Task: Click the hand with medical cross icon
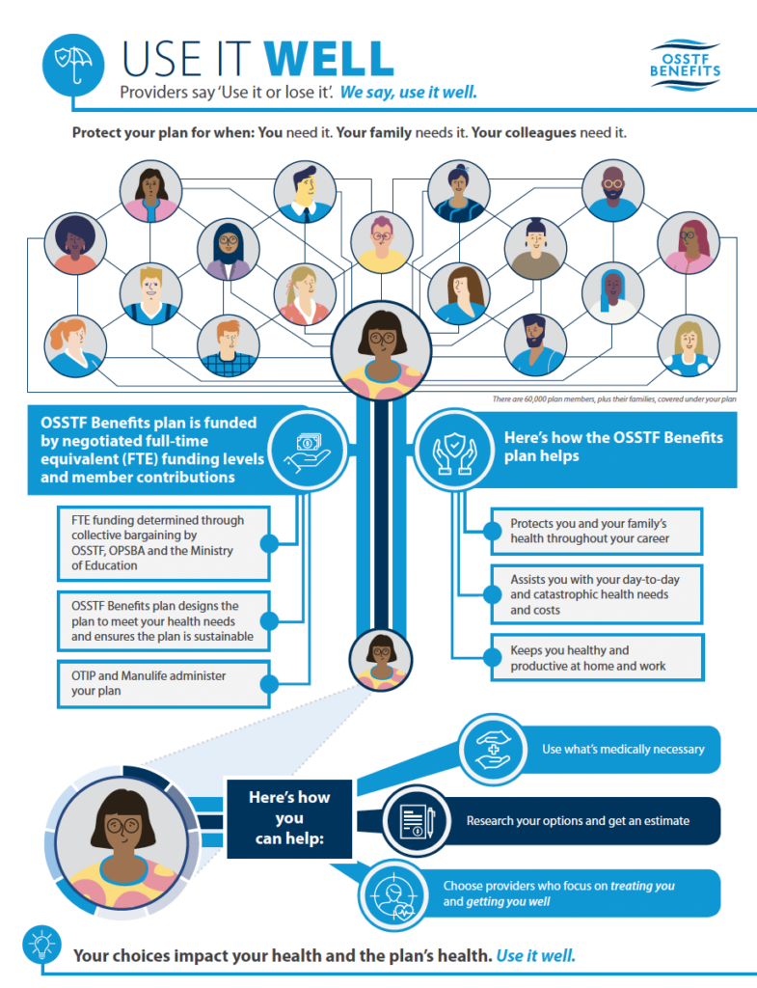click(494, 749)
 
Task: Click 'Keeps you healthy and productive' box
click(596, 658)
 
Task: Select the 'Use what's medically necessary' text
click(623, 749)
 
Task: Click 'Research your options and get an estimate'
click(578, 821)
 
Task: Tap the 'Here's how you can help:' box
click(290, 818)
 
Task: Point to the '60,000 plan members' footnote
click(614, 398)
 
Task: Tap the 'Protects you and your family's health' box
click(594, 531)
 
